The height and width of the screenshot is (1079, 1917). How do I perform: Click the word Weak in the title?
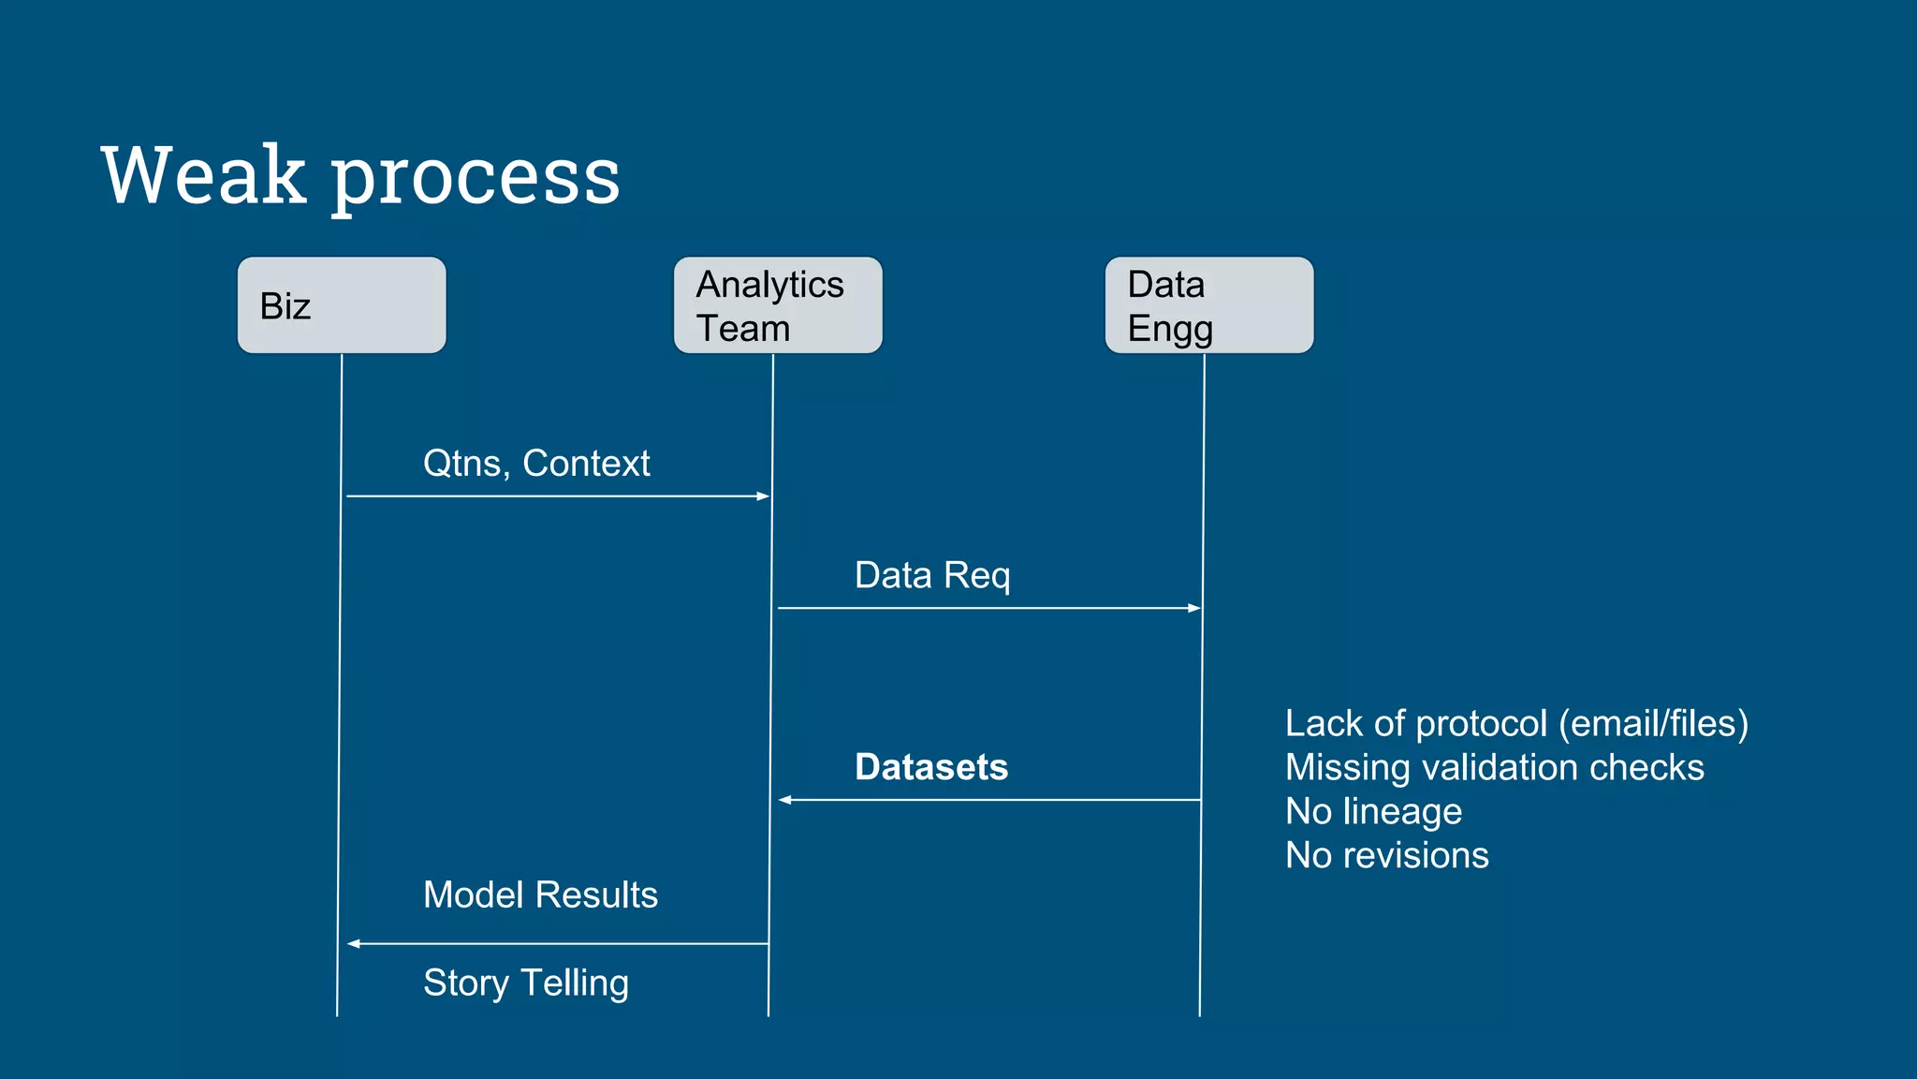tap(203, 176)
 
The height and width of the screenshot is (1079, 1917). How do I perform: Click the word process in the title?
tap(476, 178)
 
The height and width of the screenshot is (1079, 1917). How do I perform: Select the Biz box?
tap(342, 305)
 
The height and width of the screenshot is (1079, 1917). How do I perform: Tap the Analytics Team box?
tap(778, 305)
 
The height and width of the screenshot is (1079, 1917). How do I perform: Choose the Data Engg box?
tap(1208, 305)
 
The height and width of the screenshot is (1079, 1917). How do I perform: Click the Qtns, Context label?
tap(536, 464)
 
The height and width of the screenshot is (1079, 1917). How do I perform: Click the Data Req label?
tap(932, 575)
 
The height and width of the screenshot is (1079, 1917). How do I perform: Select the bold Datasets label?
tap(931, 767)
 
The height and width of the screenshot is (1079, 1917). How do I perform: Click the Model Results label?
tap(540, 894)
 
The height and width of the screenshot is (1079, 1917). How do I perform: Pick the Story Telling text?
tap(526, 983)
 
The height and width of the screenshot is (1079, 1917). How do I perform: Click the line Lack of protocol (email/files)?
tap(1516, 723)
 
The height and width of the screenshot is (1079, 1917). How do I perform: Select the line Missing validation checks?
tap(1494, 767)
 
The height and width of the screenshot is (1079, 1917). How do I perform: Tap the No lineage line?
tap(1373, 811)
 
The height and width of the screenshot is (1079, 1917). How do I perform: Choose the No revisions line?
tap(1386, 855)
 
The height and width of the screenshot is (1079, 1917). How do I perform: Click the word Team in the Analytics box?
tap(743, 329)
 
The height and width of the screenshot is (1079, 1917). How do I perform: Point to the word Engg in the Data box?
tap(1170, 330)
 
